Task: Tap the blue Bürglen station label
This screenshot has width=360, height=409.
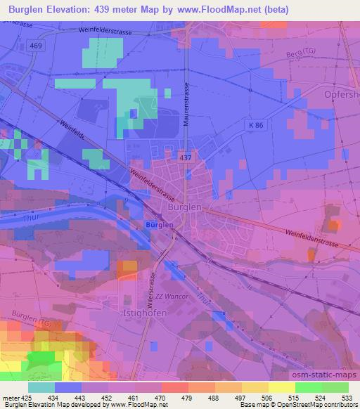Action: [x=159, y=224]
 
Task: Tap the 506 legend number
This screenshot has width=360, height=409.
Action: [x=257, y=398]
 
